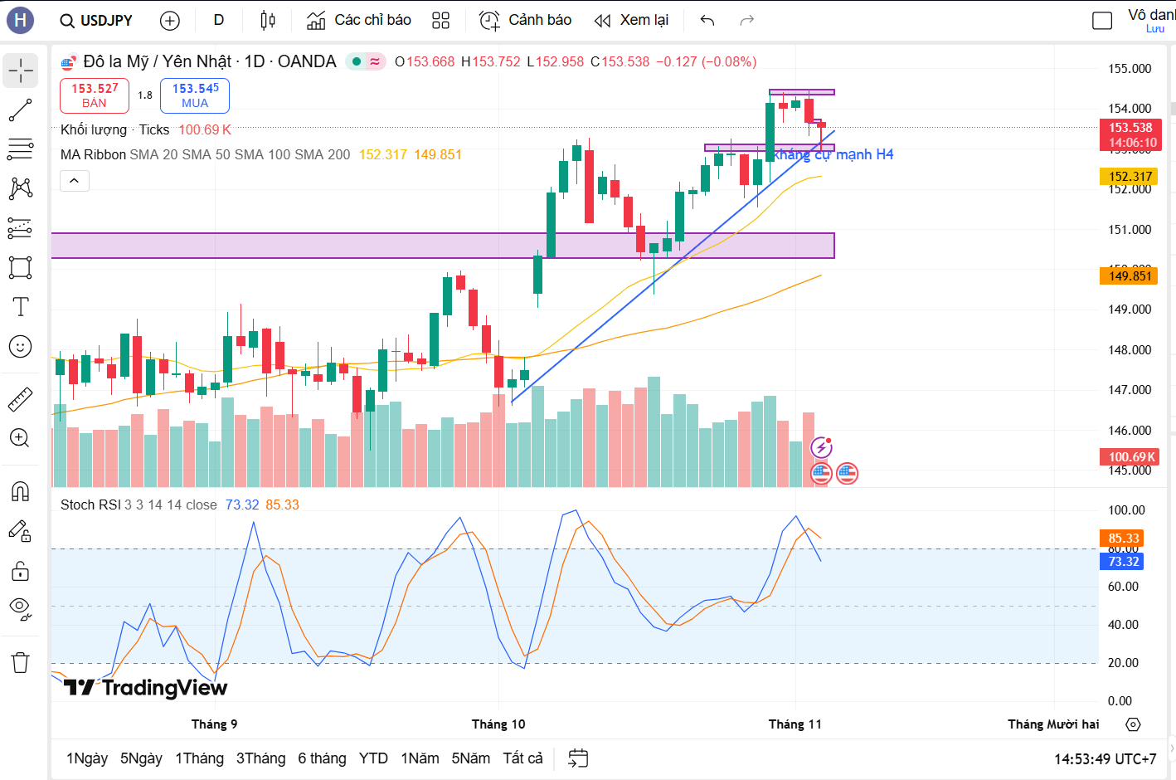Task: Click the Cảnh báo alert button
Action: coord(526,21)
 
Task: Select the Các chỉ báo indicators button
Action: coord(359,21)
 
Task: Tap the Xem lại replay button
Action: coord(632,21)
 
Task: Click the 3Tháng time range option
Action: coord(260,758)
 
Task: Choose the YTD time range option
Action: coord(373,758)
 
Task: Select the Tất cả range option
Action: coord(522,758)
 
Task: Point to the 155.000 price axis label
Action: coord(1130,69)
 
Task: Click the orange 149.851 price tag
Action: coord(1130,276)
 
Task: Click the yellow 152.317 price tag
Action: coord(1130,177)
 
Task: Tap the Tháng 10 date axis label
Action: coord(498,724)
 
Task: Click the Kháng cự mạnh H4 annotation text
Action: coord(833,155)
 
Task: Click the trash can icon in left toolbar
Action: coord(20,662)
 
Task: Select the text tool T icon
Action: coord(20,307)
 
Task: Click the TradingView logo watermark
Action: coord(146,688)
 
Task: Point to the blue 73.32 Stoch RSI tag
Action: coord(1123,562)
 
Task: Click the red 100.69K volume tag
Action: coord(1130,457)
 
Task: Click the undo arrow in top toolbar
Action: coord(707,21)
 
